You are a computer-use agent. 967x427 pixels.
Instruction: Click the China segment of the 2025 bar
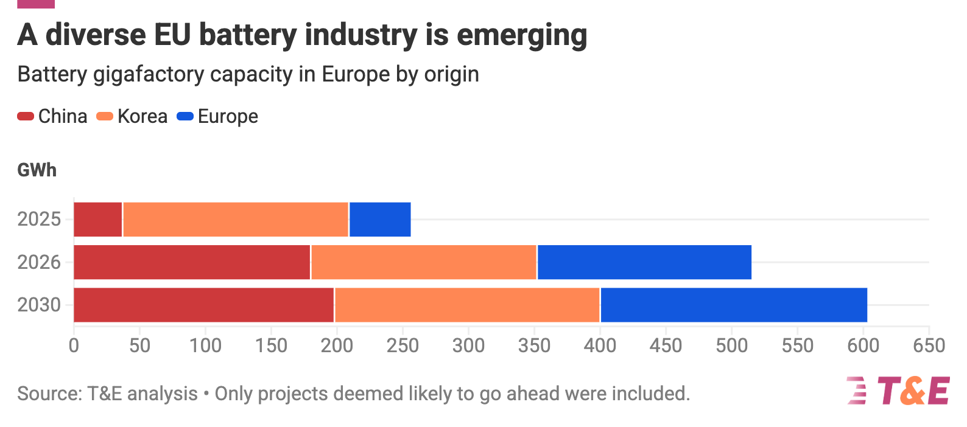(x=98, y=220)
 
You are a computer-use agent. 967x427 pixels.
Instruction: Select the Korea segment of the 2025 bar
(x=236, y=220)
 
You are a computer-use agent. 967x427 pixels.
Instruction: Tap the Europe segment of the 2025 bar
(x=380, y=220)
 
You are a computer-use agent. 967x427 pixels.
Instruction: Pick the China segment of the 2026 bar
(x=192, y=262)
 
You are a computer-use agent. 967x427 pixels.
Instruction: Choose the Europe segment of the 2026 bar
(x=644, y=262)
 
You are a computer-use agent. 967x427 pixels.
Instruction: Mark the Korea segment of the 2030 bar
(x=467, y=305)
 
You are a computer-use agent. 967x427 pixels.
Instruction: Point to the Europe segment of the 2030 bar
(x=734, y=305)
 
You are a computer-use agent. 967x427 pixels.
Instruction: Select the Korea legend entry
(x=132, y=116)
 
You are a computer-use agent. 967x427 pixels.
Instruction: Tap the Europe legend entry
(x=217, y=116)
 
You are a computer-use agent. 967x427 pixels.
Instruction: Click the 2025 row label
(x=39, y=219)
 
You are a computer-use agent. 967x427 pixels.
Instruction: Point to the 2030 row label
(x=39, y=305)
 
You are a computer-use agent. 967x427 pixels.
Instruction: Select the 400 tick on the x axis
(x=600, y=345)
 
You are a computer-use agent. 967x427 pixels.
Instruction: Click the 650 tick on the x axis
(x=929, y=345)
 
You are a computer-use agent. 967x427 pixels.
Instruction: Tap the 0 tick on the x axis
(x=74, y=345)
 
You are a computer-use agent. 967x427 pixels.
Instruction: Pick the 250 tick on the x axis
(x=403, y=345)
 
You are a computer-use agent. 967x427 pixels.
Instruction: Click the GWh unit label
(x=37, y=170)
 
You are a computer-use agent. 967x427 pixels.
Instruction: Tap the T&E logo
(x=898, y=391)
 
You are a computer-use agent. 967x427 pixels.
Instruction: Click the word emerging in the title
(x=522, y=35)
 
